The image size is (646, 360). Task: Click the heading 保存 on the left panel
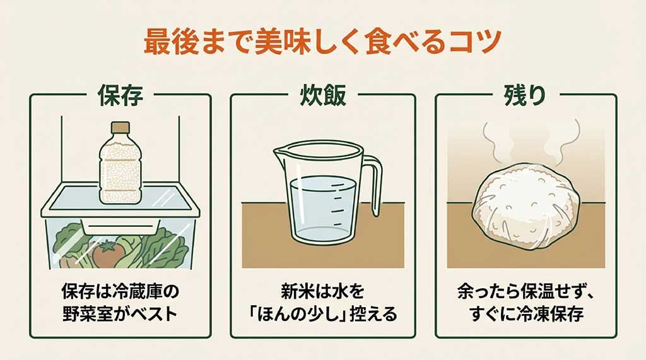(x=120, y=96)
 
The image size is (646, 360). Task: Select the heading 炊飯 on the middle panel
(x=322, y=96)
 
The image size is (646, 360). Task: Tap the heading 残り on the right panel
(x=525, y=96)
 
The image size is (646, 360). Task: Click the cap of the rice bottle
(x=120, y=128)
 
